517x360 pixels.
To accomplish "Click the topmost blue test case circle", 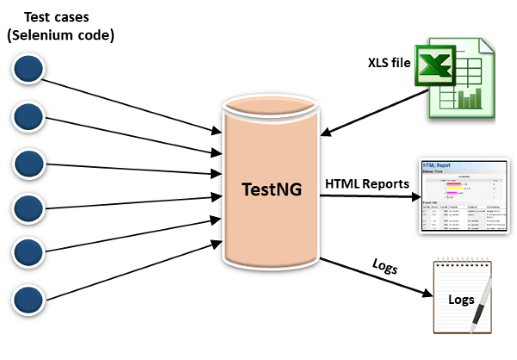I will (x=28, y=69).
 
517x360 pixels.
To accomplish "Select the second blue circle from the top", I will (x=28, y=115).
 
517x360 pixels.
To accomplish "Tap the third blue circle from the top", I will (x=28, y=161).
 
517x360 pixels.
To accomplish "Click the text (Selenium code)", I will (x=60, y=35).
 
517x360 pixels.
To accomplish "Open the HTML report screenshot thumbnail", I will (x=461, y=196).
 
